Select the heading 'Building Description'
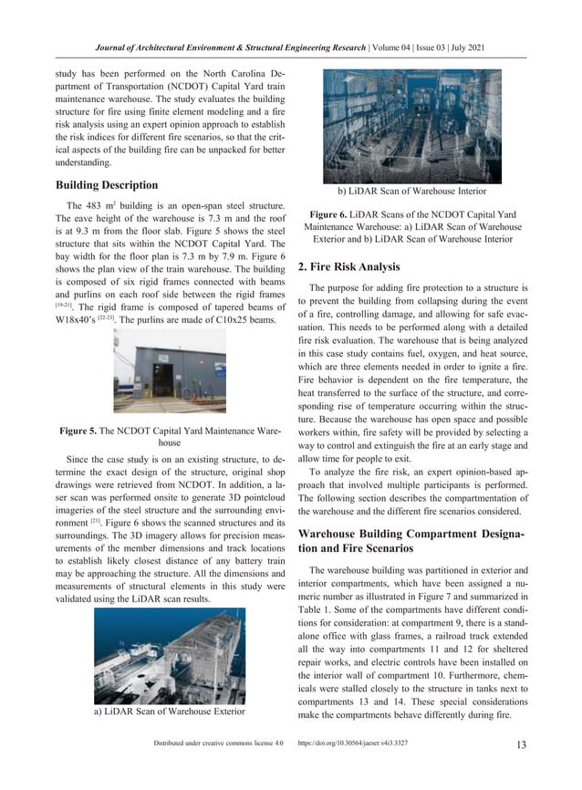coord(111,185)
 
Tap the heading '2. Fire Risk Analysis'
coord(349,267)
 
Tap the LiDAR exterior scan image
coord(170,655)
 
